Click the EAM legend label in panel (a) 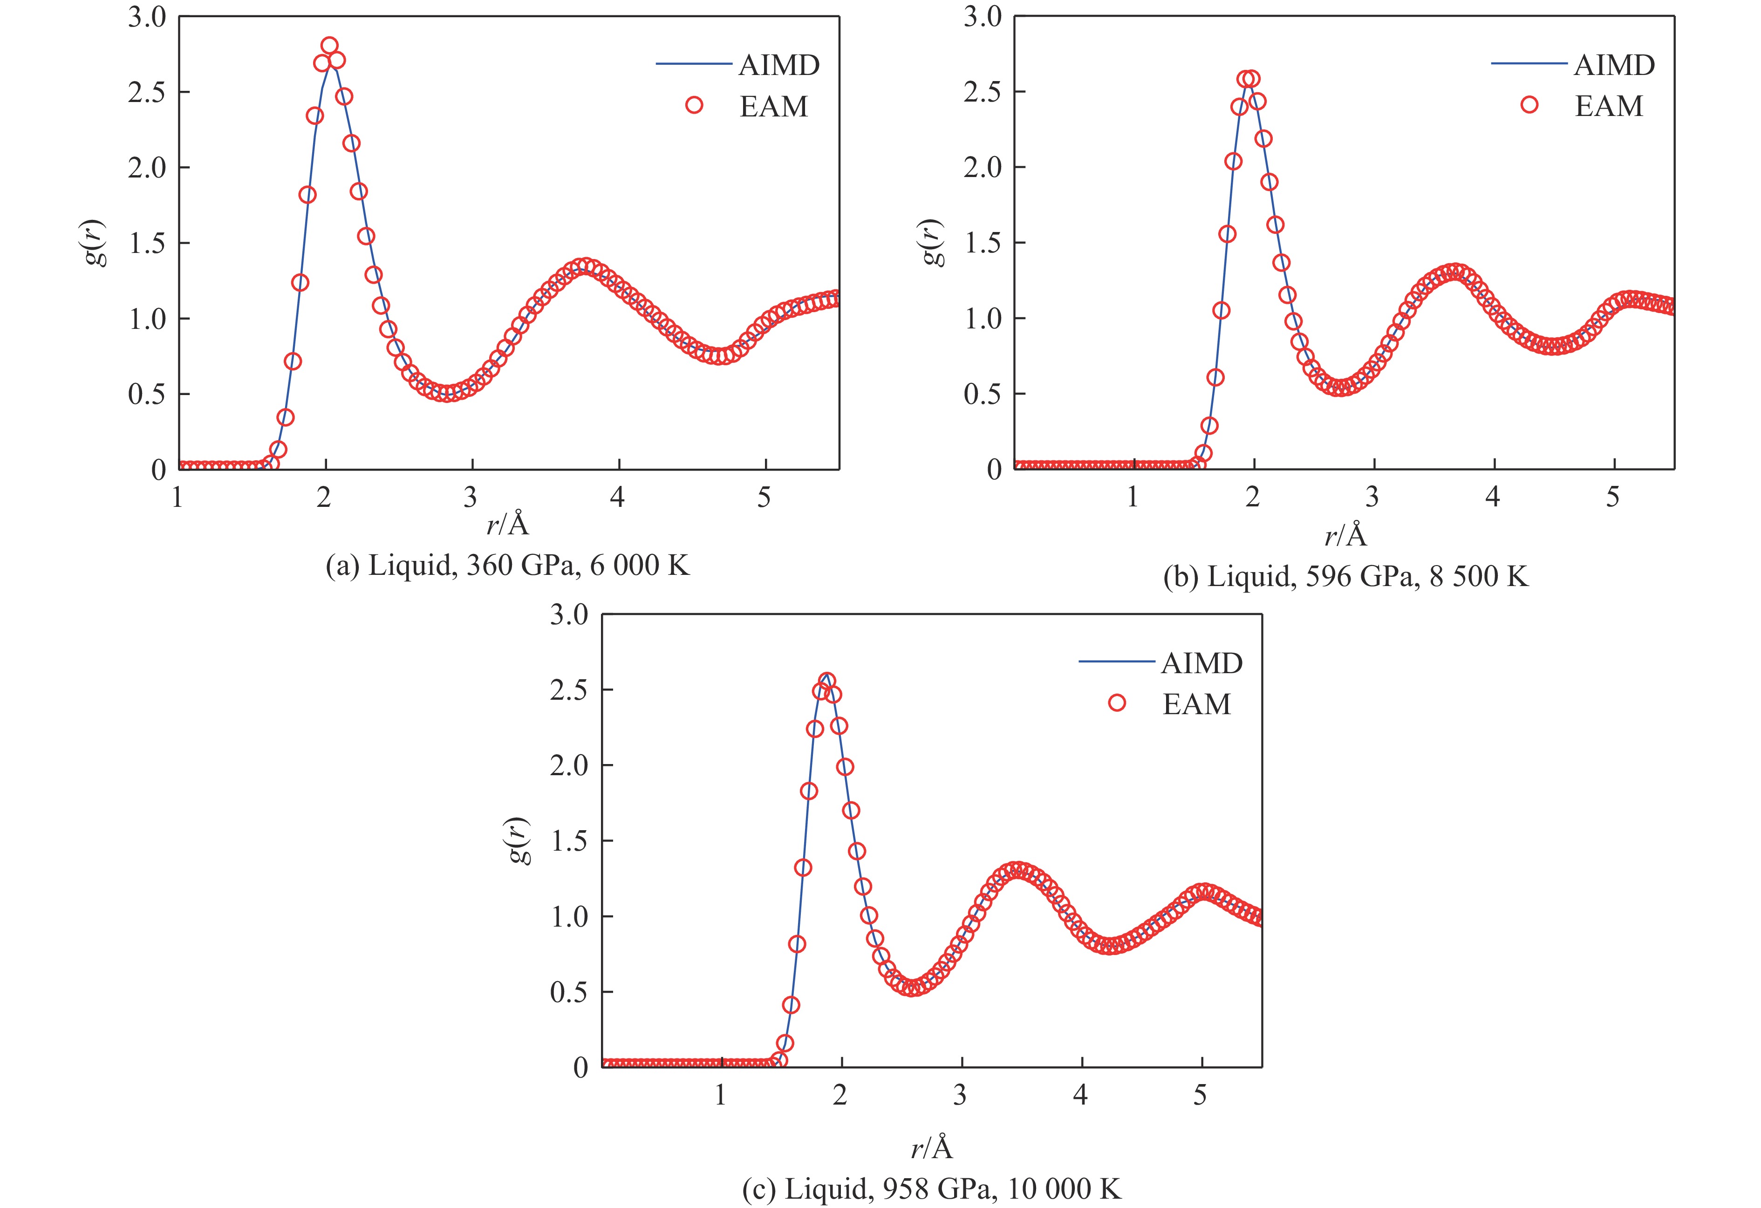pyautogui.click(x=774, y=106)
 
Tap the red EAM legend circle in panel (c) pyautogui.click(x=1116, y=703)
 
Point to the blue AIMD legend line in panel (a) pyautogui.click(x=693, y=65)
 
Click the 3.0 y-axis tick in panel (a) pyautogui.click(x=147, y=17)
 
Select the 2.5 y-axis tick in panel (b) pyautogui.click(x=983, y=92)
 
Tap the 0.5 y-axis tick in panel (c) pyautogui.click(x=569, y=992)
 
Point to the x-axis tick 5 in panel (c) pyautogui.click(x=1200, y=1096)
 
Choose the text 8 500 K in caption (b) pyautogui.click(x=1478, y=578)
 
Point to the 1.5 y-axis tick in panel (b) pyautogui.click(x=983, y=243)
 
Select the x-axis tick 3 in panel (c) pyautogui.click(x=960, y=1096)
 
